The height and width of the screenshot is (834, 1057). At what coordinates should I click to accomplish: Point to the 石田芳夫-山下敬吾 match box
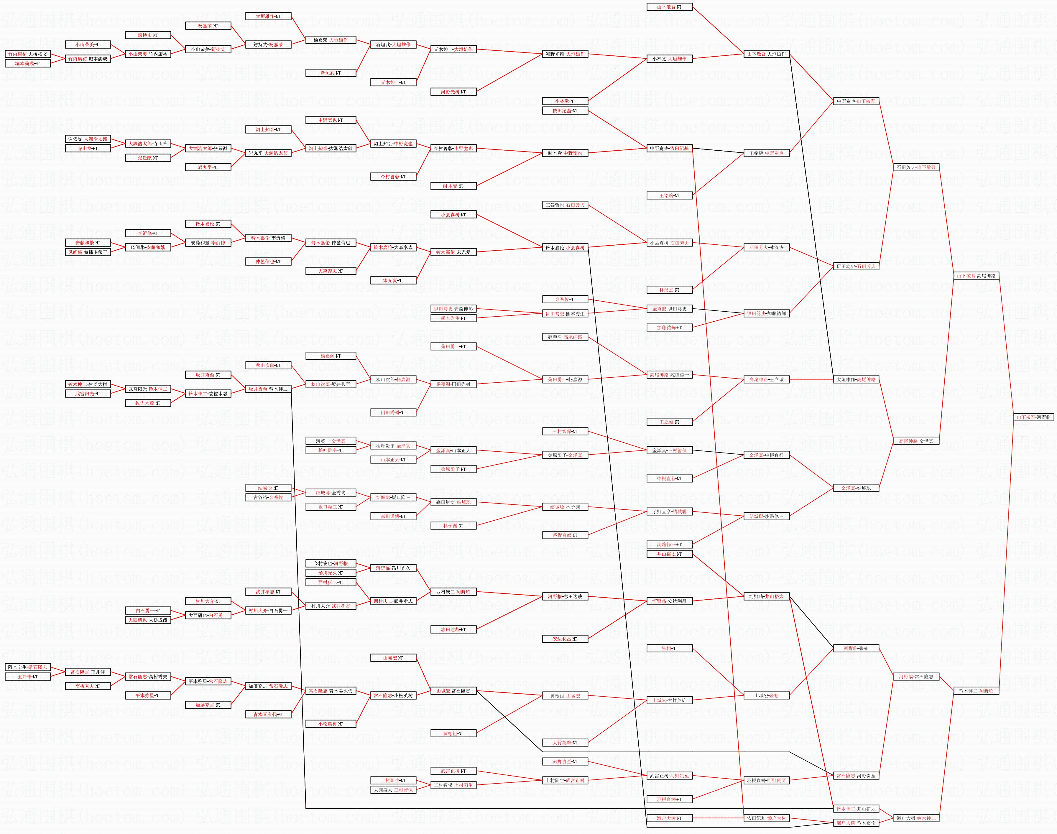(x=916, y=167)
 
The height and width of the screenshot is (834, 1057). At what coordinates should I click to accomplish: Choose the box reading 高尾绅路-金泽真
(x=916, y=441)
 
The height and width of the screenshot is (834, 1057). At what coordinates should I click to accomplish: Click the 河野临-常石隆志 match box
(x=916, y=677)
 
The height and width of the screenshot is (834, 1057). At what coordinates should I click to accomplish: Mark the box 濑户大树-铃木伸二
(x=916, y=818)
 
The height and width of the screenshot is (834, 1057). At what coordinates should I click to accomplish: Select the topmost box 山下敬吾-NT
(x=669, y=7)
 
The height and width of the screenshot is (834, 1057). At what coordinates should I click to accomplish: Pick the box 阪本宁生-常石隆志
(x=28, y=667)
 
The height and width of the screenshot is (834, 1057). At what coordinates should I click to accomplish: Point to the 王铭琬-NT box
(x=669, y=195)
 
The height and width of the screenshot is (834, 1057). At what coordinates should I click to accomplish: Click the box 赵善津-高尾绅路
(x=565, y=337)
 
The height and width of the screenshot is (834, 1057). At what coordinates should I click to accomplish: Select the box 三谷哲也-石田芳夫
(x=565, y=205)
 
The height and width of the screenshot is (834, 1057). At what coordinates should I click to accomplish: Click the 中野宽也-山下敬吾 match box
(x=856, y=101)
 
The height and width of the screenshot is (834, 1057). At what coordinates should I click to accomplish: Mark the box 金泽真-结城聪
(x=856, y=488)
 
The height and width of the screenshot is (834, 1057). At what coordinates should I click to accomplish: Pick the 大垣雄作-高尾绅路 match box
(x=856, y=379)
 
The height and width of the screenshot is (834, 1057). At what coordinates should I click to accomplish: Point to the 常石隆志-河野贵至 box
(x=856, y=775)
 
